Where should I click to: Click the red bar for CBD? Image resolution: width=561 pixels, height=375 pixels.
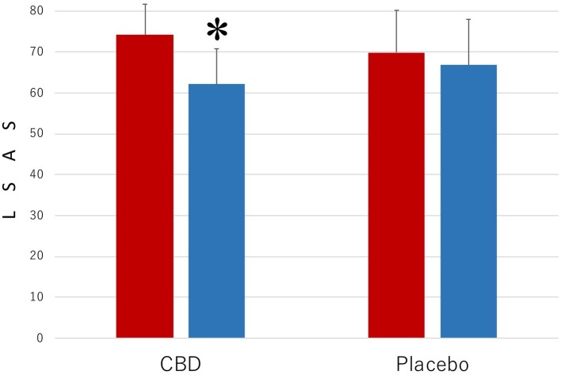tap(145, 186)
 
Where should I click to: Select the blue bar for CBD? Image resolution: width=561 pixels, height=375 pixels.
tap(216, 211)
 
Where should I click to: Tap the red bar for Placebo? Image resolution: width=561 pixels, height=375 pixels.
tap(396, 195)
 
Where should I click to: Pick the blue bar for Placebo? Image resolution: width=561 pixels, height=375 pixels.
tap(468, 201)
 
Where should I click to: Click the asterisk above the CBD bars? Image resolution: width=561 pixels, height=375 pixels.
tap(217, 31)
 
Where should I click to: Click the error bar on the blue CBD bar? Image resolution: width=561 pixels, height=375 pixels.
tap(216, 66)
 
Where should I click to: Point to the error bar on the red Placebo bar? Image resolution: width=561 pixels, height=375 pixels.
tap(396, 31)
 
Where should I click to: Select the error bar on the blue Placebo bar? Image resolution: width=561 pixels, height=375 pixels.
tap(468, 41)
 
